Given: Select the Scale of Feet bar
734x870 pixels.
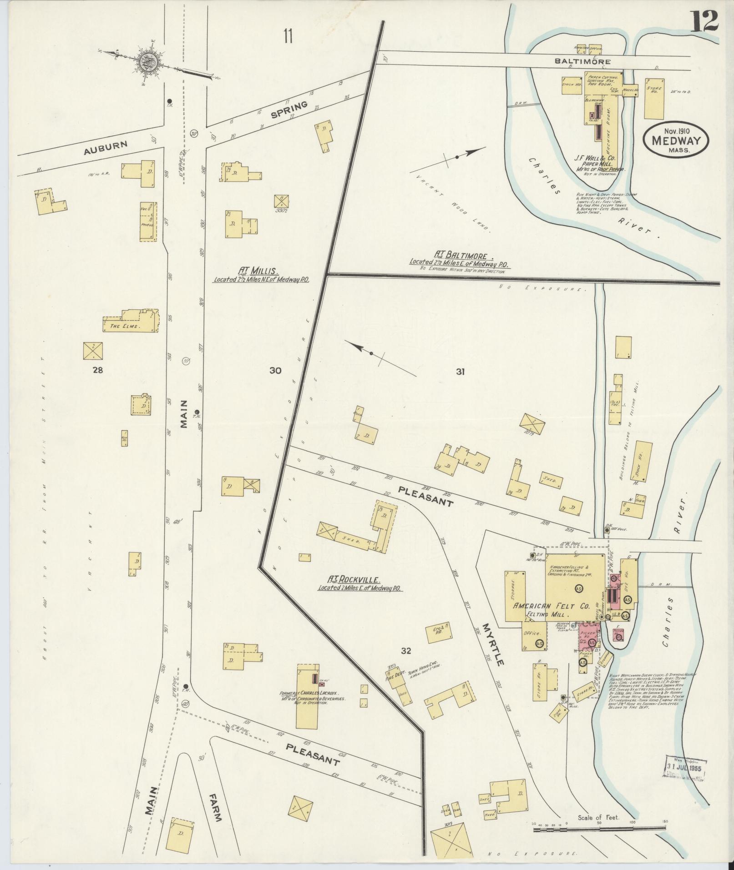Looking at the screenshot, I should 599,830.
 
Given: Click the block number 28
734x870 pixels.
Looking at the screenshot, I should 97,370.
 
